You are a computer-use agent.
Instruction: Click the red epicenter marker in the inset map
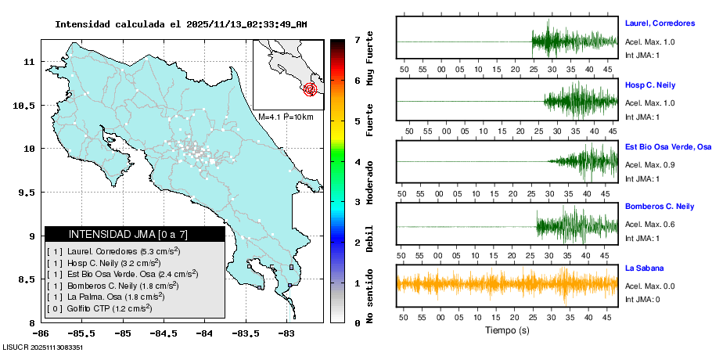point(310,89)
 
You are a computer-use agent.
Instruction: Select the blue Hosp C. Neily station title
point(649,85)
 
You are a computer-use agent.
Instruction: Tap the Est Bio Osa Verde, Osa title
point(667,146)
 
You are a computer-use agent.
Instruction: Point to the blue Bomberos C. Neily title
point(659,207)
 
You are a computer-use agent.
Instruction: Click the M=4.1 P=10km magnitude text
point(286,117)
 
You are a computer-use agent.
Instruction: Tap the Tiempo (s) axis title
point(507,330)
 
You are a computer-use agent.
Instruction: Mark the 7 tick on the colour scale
point(356,39)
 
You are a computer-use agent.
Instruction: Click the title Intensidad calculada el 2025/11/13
point(181,24)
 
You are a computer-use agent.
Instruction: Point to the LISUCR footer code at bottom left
point(43,347)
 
